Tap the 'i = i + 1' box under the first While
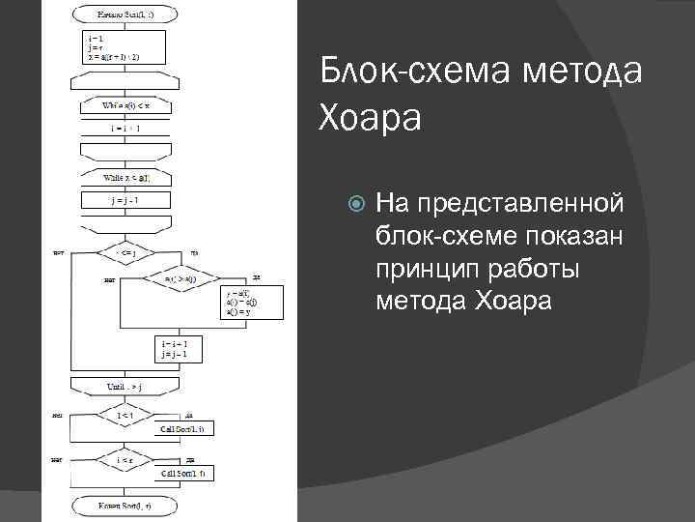(125, 129)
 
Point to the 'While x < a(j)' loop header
(126, 179)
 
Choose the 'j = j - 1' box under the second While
(125, 201)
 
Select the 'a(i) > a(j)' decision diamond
(181, 279)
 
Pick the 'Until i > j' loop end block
(126, 388)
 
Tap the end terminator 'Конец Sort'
(125, 506)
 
